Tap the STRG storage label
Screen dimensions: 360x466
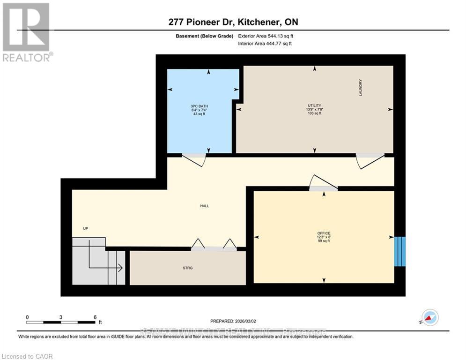tap(188, 268)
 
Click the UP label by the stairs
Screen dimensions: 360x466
tap(85, 228)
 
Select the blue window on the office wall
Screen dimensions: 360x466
tap(399, 251)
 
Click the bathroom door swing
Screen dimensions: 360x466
tap(194, 159)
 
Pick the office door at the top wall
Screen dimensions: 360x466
tap(323, 183)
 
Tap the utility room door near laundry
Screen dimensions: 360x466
tap(370, 160)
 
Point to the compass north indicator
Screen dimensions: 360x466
tap(429, 317)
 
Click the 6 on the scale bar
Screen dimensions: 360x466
tap(95, 317)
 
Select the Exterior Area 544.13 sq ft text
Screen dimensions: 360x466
tap(266, 36)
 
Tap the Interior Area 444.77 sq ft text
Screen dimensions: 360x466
tap(265, 44)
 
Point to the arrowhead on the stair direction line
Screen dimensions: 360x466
tap(121, 268)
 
